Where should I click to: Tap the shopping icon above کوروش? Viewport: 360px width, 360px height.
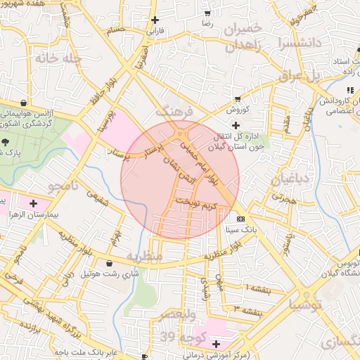238,99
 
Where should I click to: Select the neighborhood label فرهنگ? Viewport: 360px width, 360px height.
173,111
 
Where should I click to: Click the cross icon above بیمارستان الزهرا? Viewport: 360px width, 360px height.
33,203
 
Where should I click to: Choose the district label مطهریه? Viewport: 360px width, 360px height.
145,257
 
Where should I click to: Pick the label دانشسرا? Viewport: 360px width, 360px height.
300,42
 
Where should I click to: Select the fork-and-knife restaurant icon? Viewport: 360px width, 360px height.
349,90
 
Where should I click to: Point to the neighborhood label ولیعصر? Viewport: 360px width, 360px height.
181,314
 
